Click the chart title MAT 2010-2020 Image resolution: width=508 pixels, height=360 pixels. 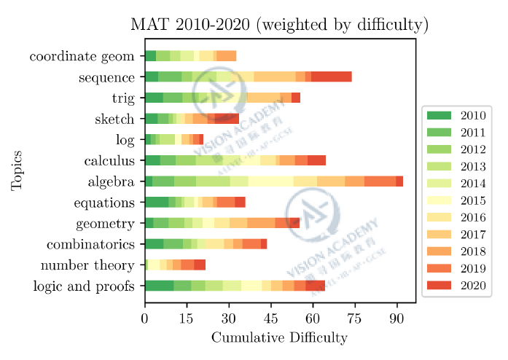pyautogui.click(x=279, y=24)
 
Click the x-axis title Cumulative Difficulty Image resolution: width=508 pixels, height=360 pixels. pyautogui.click(x=279, y=338)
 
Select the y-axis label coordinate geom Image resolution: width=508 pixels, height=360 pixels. pyautogui.click(x=82, y=56)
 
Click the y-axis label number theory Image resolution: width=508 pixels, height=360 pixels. pyautogui.click(x=87, y=265)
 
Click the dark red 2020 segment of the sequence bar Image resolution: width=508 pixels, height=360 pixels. pyautogui.click(x=332, y=77)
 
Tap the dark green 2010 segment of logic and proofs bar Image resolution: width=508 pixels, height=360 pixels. pyautogui.click(x=159, y=286)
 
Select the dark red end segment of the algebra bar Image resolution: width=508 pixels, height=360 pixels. pyautogui.click(x=399, y=181)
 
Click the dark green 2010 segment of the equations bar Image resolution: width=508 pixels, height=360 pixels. pyautogui.click(x=157, y=202)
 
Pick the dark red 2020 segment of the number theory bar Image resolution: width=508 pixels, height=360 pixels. pyautogui.click(x=200, y=265)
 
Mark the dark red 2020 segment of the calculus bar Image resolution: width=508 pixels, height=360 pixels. pyautogui.click(x=316, y=160)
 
